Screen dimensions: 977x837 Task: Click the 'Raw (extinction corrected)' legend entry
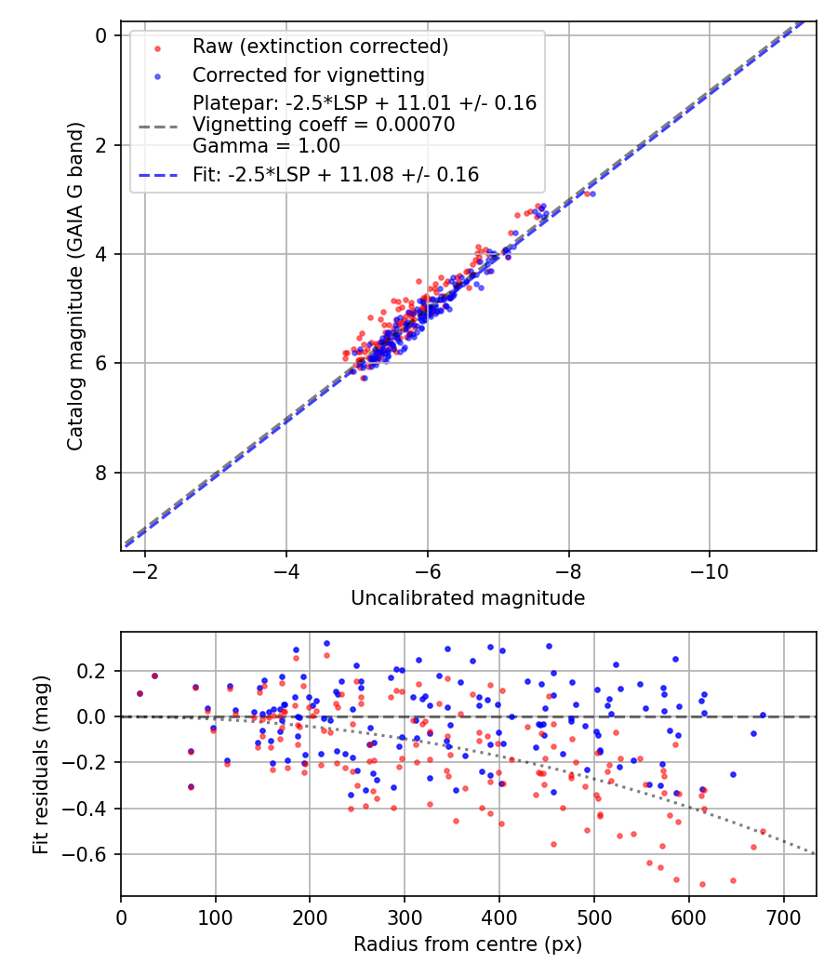320,46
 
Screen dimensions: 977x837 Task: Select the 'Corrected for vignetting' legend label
308,74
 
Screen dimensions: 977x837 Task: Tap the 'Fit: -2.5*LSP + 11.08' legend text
336,174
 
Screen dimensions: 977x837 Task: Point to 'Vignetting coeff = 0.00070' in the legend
324,125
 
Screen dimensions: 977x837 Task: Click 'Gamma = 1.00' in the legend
266,146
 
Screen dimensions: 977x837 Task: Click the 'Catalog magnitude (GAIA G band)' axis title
76,286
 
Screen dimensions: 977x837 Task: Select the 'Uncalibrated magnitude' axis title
468,598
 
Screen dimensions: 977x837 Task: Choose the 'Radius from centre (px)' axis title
468,944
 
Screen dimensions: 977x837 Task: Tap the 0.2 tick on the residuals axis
99,671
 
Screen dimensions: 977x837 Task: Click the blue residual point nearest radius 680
763,715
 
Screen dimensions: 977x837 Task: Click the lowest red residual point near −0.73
702,884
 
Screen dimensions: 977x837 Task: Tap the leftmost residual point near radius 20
139,693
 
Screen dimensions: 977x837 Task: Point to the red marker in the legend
158,47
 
